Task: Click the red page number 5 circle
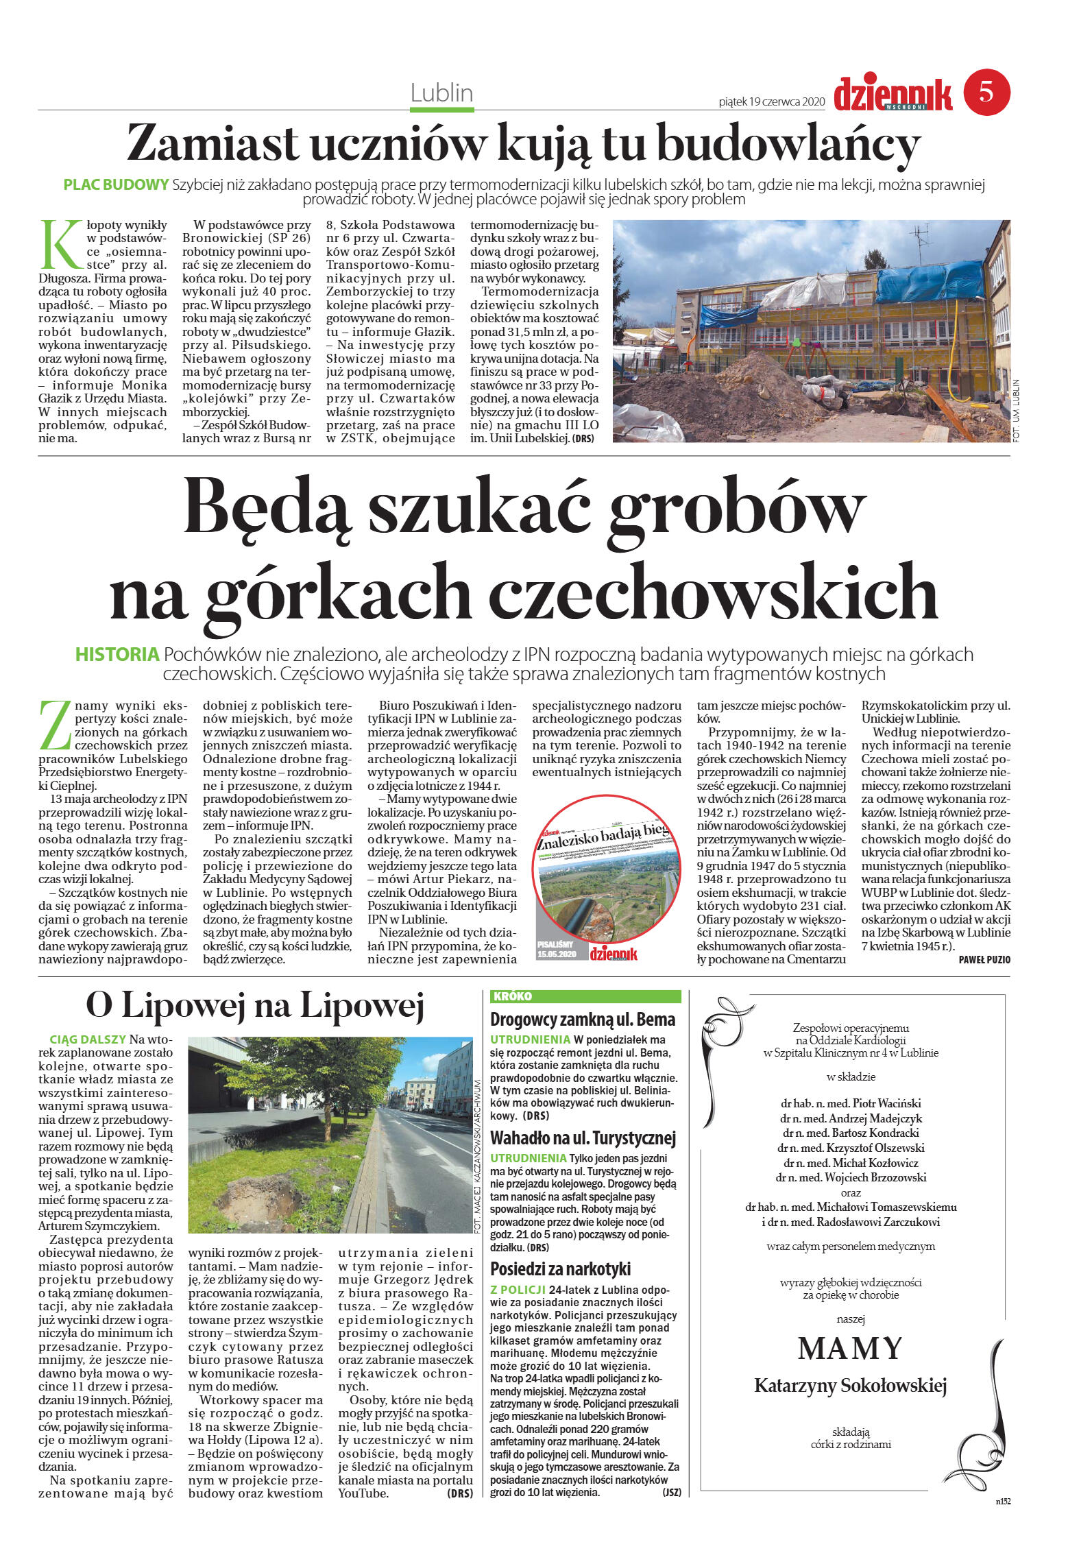point(986,92)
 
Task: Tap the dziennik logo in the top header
point(893,94)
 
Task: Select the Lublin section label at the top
point(442,92)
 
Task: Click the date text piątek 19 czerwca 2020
point(770,101)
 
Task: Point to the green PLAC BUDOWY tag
point(116,184)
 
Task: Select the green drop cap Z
point(56,724)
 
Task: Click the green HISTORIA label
point(117,654)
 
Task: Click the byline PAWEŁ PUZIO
point(984,960)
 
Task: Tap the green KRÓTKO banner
point(586,996)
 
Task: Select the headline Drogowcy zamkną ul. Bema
point(583,1019)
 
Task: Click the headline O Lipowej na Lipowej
point(255,1006)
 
